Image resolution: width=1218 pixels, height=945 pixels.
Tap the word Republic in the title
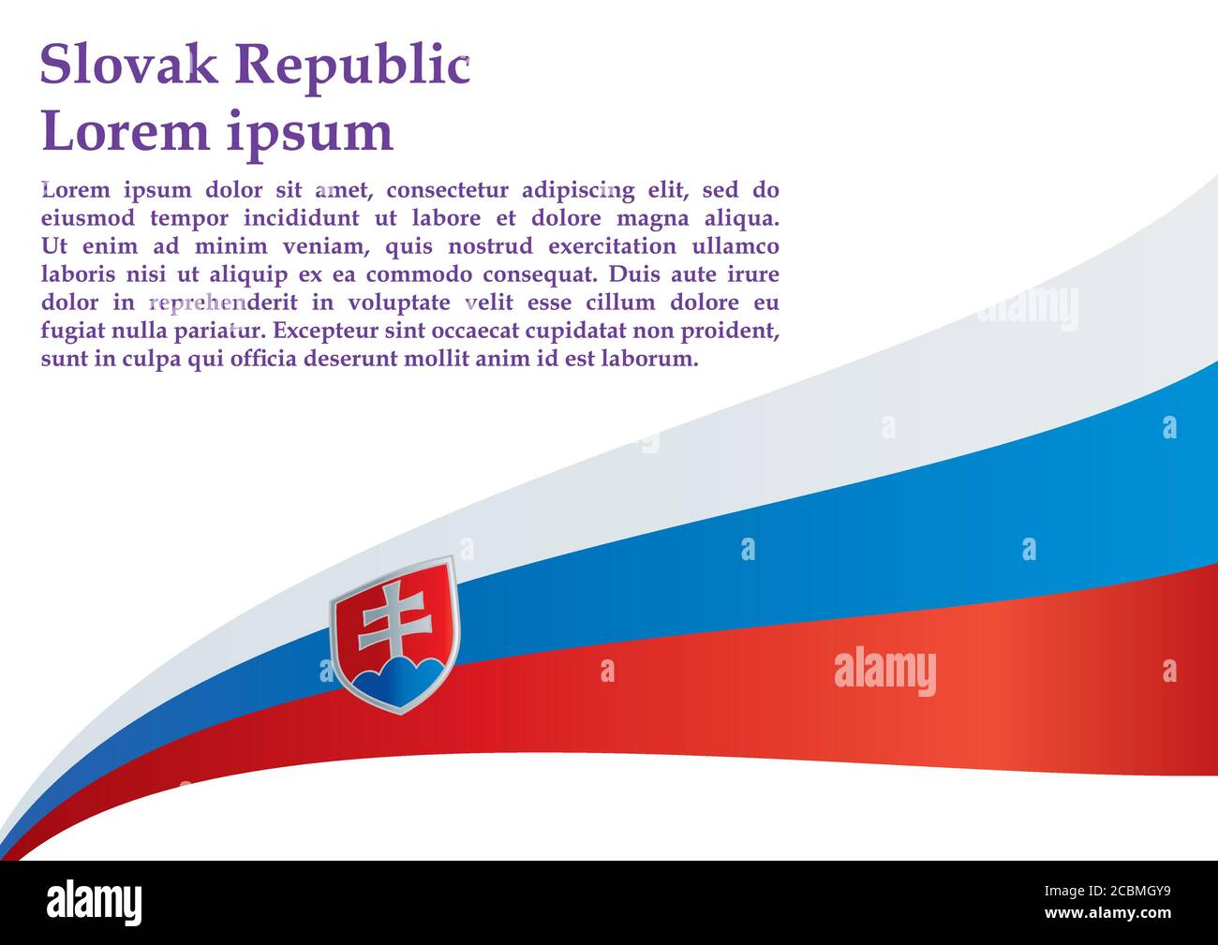click(351, 66)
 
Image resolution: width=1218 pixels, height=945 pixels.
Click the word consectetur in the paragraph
click(448, 190)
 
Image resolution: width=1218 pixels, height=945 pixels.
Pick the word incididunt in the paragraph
click(301, 218)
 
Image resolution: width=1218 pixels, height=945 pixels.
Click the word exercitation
click(613, 246)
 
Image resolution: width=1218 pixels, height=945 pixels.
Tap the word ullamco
click(735, 246)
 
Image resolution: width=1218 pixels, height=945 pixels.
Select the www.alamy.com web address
click(1107, 913)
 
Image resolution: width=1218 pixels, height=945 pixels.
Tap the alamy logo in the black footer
click(94, 903)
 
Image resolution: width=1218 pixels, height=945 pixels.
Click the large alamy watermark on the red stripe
click(884, 672)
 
